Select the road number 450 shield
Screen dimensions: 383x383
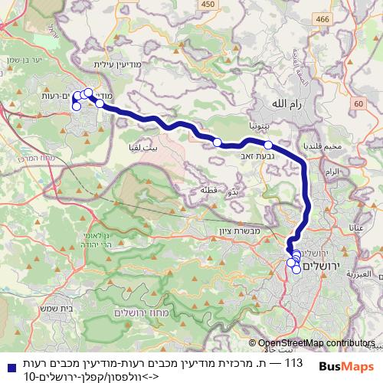(x=205, y=5)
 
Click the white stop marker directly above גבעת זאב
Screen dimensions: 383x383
(x=268, y=144)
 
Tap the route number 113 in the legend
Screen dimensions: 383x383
(x=294, y=361)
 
